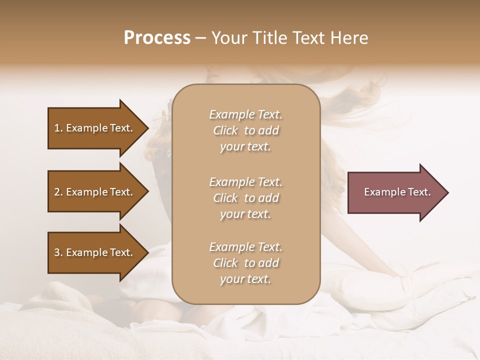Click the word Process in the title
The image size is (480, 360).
coord(157,38)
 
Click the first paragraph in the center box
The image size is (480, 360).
coord(246,130)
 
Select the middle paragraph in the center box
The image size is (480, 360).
coord(246,198)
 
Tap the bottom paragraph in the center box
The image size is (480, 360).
coord(246,263)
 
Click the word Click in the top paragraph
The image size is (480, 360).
coord(225,130)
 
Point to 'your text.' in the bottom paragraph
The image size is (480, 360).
coord(245,279)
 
